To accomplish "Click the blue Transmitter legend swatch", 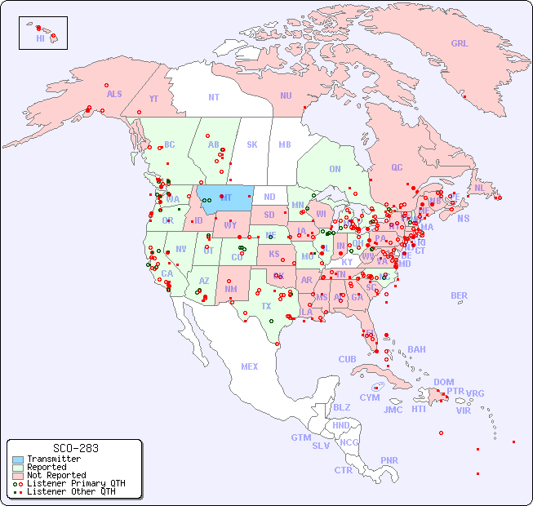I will [16, 459].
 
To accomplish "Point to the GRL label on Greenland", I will [460, 44].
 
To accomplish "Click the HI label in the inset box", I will [40, 38].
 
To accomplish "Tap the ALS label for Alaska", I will [114, 95].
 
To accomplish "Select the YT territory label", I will [153, 99].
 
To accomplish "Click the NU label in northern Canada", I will [286, 95].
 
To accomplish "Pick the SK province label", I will [252, 145].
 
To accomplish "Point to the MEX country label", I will [250, 366].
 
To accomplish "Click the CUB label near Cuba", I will [347, 359].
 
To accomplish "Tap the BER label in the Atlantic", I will [460, 295].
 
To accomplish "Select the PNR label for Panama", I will [389, 460].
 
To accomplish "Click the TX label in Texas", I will [266, 307].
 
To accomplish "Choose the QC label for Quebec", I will [397, 168].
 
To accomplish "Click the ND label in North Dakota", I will [269, 197].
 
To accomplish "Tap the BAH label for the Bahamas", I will [416, 349].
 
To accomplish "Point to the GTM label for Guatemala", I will [300, 437].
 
